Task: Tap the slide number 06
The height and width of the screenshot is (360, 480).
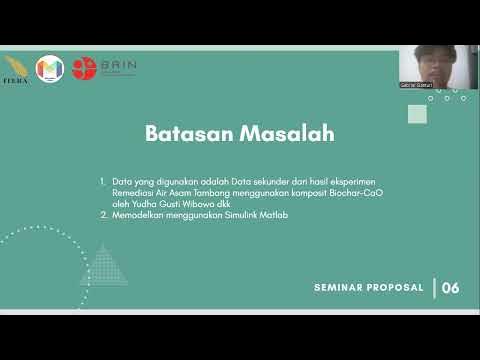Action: coord(450,288)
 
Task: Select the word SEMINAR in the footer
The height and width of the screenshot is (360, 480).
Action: coord(339,288)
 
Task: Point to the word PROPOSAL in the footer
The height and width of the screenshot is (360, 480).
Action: coord(395,288)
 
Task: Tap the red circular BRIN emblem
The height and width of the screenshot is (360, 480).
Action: coord(84,68)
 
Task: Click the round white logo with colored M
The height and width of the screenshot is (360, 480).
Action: coord(49,69)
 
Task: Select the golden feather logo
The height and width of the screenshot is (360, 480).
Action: coord(16,69)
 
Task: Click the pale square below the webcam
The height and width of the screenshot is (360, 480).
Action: coord(417,114)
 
